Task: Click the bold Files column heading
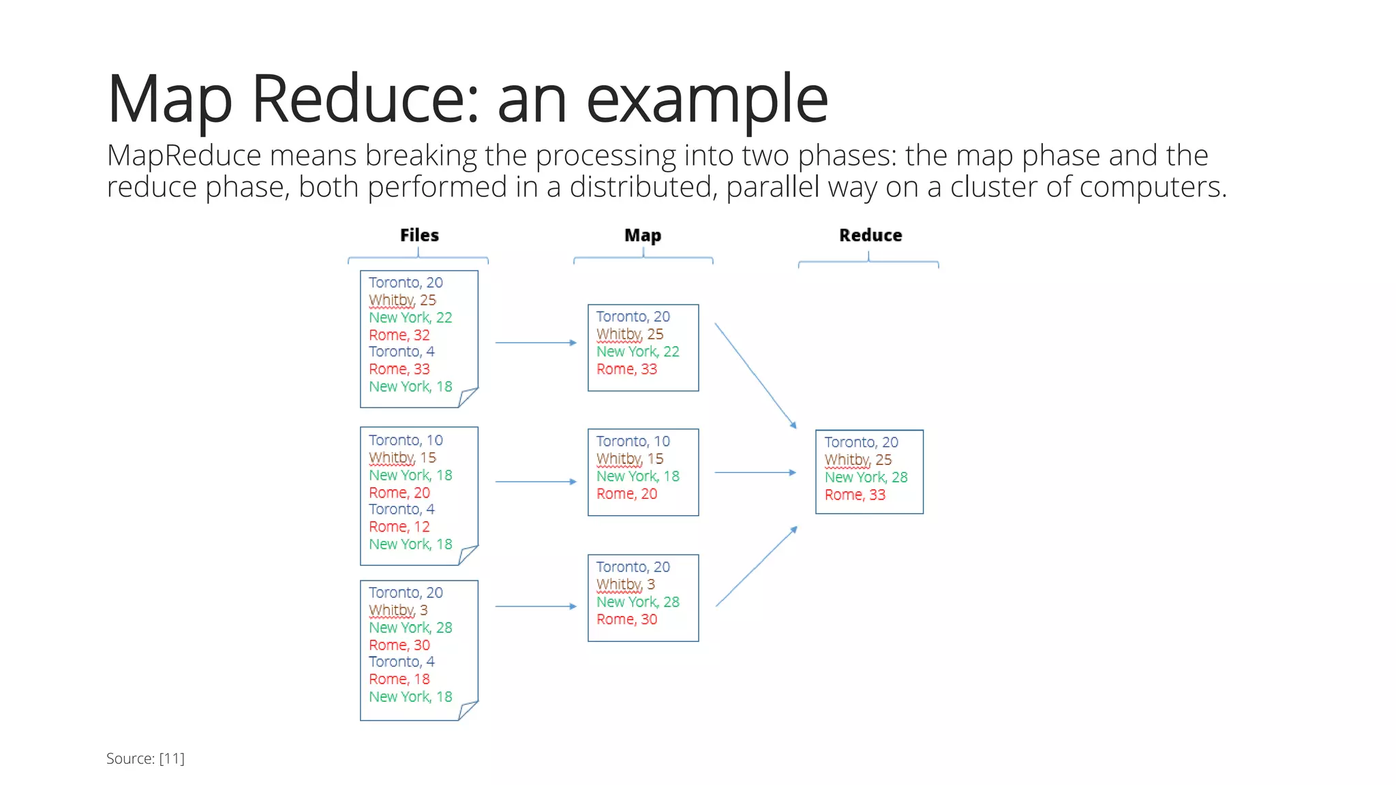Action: click(x=419, y=235)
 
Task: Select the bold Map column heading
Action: click(x=643, y=235)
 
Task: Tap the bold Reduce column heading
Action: click(x=870, y=235)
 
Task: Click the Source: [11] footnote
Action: click(x=145, y=758)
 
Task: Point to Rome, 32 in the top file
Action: click(x=399, y=335)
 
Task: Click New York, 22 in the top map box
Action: click(x=638, y=352)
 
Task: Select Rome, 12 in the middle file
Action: click(x=399, y=527)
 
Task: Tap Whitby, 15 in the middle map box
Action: click(x=630, y=459)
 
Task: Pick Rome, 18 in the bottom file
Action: click(x=399, y=679)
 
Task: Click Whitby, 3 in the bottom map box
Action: click(x=626, y=585)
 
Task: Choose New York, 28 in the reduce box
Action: click(x=866, y=477)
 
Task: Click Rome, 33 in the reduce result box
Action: click(x=855, y=495)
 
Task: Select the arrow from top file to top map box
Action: click(x=536, y=343)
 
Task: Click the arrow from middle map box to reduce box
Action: click(x=755, y=472)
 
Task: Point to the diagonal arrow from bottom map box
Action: click(x=757, y=566)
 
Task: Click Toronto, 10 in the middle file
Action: click(x=406, y=440)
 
